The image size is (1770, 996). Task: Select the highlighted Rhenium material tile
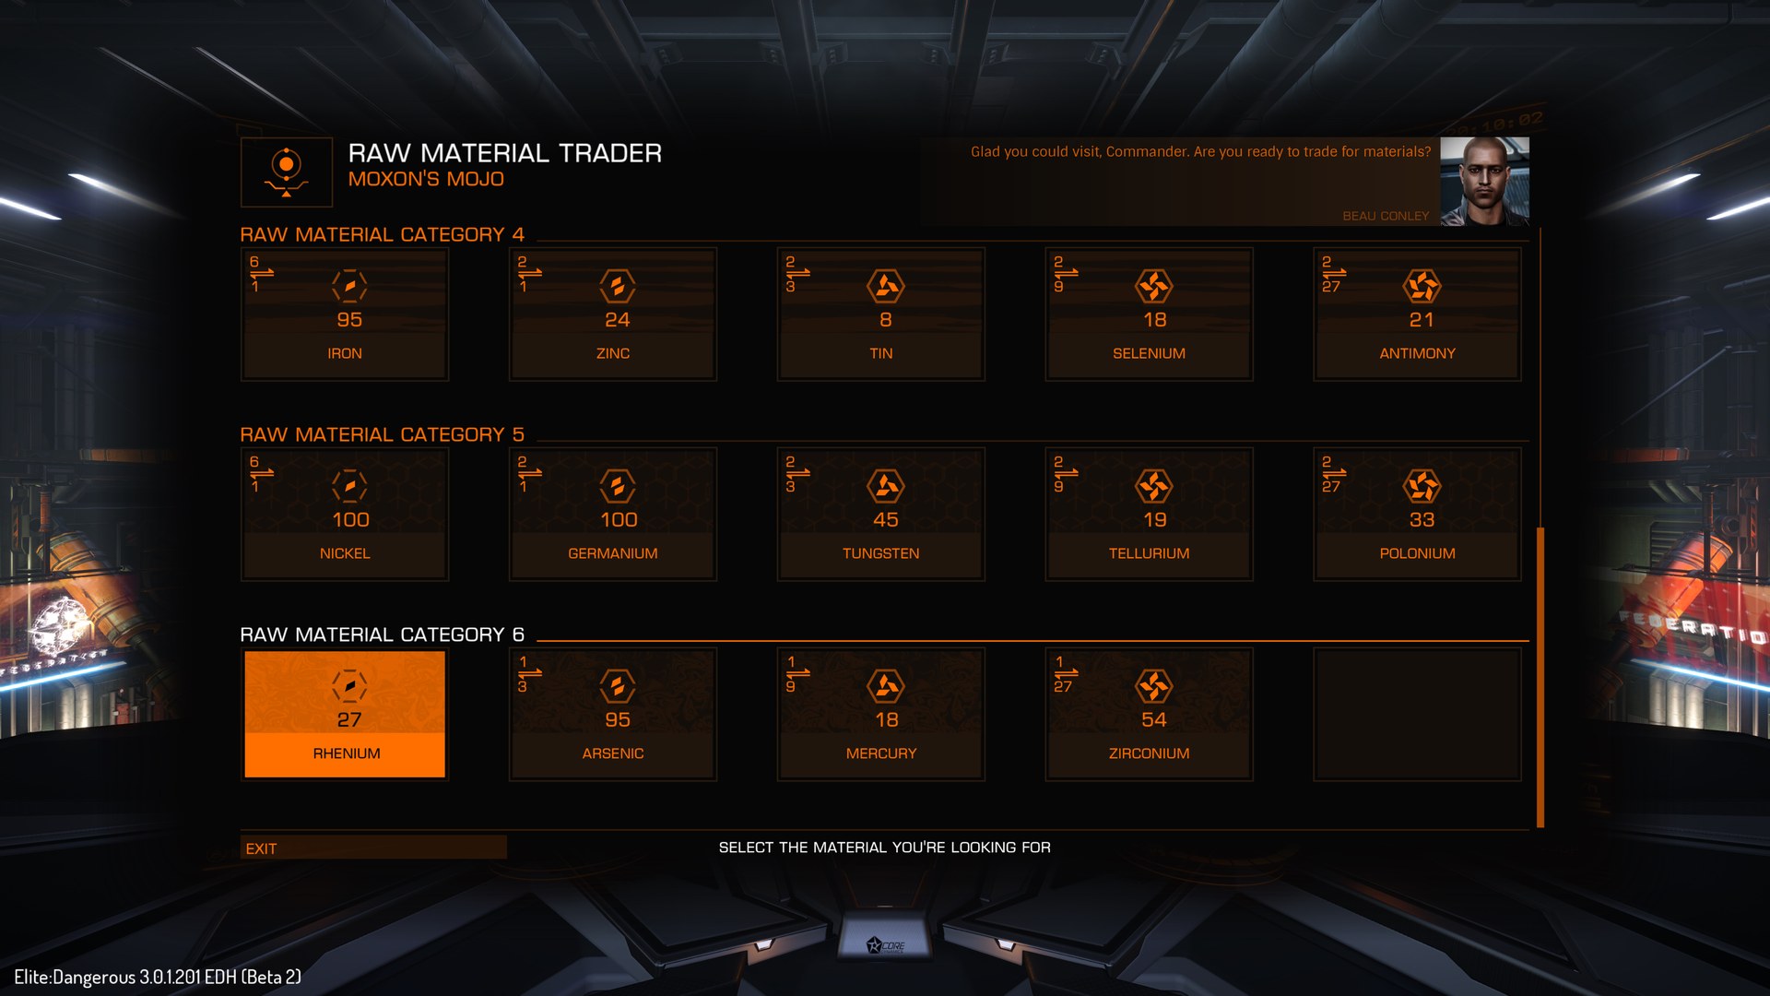pyautogui.click(x=345, y=714)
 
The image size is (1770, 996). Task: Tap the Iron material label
pyautogui.click(x=345, y=353)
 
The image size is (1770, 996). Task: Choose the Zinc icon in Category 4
pyautogui.click(x=617, y=286)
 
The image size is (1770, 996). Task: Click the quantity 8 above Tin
pyautogui.click(x=885, y=320)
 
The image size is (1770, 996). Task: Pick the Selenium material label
pyautogui.click(x=1149, y=353)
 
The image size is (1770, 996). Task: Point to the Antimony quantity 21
pyautogui.click(x=1421, y=320)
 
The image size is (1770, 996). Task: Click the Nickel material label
pyautogui.click(x=345, y=553)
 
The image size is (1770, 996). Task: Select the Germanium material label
pyautogui.click(x=613, y=553)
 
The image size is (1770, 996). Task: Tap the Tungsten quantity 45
pyautogui.click(x=885, y=520)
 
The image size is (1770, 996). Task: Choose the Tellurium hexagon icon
pyautogui.click(x=1153, y=486)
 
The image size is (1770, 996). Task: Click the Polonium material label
pyautogui.click(x=1417, y=553)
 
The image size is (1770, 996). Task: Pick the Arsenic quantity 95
pyautogui.click(x=617, y=720)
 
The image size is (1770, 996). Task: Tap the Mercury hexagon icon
pyautogui.click(x=885, y=686)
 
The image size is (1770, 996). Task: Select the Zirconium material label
pyautogui.click(x=1149, y=753)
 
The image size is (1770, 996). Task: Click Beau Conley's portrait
pyautogui.click(x=1484, y=181)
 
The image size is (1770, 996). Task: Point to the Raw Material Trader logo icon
pyautogui.click(x=287, y=172)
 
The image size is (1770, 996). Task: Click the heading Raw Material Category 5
pyautogui.click(x=382, y=434)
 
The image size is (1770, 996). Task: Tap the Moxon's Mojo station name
pyautogui.click(x=426, y=179)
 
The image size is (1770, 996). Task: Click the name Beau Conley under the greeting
pyautogui.click(x=1385, y=216)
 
